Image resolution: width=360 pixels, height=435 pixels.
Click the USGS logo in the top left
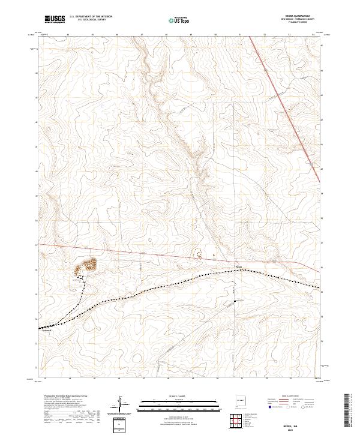tap(54, 20)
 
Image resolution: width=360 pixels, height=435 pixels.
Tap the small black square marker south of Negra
tap(235, 300)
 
